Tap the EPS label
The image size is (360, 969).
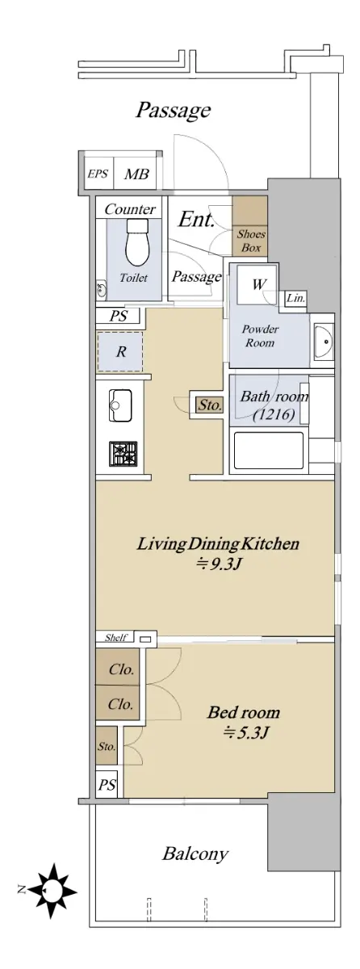pos(98,174)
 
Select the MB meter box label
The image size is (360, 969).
pos(136,174)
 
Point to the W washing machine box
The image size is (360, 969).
pos(258,284)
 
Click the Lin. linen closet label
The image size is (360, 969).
pos(296,298)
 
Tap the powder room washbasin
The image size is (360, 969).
pos(323,341)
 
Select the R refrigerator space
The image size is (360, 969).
pos(120,351)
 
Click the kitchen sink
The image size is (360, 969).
pos(120,405)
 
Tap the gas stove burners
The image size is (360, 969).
pos(123,454)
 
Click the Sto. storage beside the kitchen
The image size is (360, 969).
pos(210,405)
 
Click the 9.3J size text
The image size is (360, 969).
pos(218,564)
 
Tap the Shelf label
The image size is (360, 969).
pos(115,637)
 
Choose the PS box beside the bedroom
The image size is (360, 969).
pos(107,784)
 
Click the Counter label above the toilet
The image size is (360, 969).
pos(130,209)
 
